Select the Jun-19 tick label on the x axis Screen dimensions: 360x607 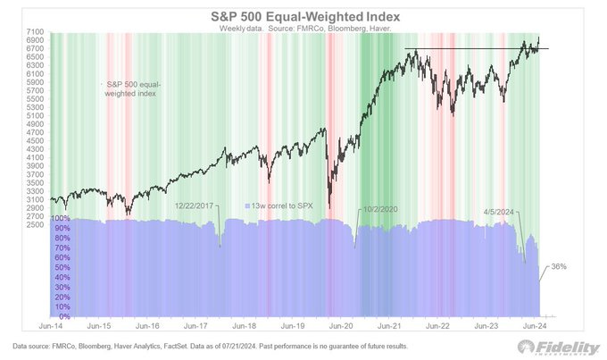point(295,327)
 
